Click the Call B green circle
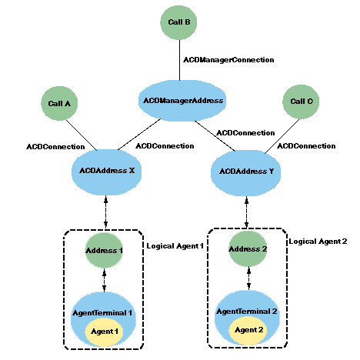(179, 23)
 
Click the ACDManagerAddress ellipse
(182, 100)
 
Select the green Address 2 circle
(248, 249)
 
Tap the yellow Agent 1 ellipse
(106, 330)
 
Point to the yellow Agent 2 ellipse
(249, 329)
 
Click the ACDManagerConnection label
(217, 59)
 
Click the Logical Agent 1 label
(174, 245)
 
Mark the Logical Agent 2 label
(318, 242)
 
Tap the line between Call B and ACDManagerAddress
(179, 62)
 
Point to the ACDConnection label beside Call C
(305, 145)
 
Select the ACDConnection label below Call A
(55, 145)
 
